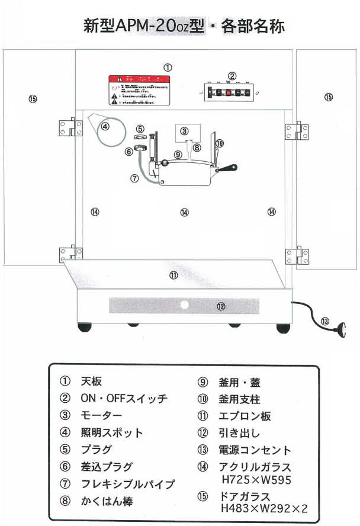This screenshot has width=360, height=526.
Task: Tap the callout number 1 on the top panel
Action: pos(168,68)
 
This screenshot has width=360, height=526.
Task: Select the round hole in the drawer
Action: pos(184,306)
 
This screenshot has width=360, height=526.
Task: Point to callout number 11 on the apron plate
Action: pos(173,275)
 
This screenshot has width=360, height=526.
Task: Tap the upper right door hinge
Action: pos(297,131)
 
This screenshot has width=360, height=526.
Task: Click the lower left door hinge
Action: pos(70,254)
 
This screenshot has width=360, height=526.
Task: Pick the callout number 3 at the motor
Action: pos(185,131)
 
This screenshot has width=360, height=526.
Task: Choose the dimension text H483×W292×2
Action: pos(263,508)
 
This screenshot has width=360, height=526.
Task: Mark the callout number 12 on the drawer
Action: pos(220,307)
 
